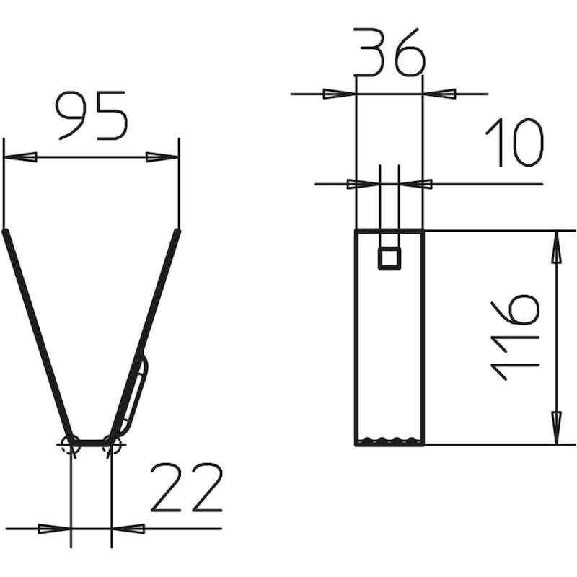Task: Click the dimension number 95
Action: pos(92,115)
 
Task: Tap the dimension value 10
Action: pos(514,142)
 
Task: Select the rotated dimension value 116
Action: pos(515,337)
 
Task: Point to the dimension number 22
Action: pos(186,488)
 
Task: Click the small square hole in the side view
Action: pos(389,257)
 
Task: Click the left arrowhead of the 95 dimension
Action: pos(20,157)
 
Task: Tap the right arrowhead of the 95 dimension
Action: pos(162,157)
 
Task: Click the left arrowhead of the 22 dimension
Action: pos(55,529)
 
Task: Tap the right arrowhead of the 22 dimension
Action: pos(128,529)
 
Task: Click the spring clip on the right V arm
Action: pos(137,393)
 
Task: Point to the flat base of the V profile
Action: pos(92,442)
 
